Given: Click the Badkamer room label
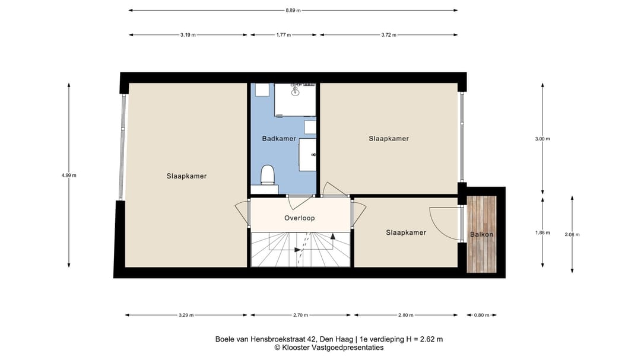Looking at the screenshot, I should tap(279, 138).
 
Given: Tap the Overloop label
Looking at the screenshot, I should tap(299, 218).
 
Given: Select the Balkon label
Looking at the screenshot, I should tap(481, 234).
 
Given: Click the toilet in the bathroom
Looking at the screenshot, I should tap(268, 176).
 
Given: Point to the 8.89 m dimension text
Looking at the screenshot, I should tap(293, 10).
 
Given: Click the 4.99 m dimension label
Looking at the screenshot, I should tap(69, 175).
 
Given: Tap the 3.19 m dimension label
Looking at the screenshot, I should tap(188, 35).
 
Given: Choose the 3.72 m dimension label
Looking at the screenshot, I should tap(389, 35).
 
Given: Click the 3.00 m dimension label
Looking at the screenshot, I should tap(542, 139).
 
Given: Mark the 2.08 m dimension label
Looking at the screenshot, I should tap(572, 234).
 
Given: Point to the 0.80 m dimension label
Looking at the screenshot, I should tap(481, 315).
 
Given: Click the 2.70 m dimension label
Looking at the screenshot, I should tap(302, 315).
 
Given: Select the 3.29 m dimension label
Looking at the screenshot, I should tap(186, 315).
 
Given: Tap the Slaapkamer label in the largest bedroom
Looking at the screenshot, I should tap(186, 176).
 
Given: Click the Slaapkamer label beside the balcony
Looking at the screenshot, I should tap(406, 232).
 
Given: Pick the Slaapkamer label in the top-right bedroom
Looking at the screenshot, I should tap(389, 138).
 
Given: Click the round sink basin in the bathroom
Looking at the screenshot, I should tap(295, 91).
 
